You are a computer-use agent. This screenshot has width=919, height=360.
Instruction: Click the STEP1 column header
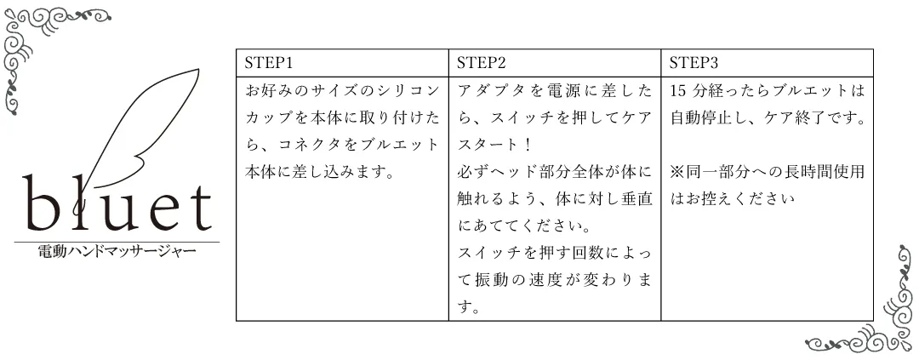click(268, 63)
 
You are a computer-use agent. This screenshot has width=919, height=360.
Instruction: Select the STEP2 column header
click(481, 63)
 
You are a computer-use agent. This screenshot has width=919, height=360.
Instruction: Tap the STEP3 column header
click(694, 63)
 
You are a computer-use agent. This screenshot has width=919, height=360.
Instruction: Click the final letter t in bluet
click(199, 208)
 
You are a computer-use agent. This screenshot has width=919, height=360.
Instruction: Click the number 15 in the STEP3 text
click(678, 91)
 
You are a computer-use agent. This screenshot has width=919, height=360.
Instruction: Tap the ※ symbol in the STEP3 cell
click(677, 172)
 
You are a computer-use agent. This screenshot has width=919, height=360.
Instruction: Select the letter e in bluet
click(164, 212)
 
